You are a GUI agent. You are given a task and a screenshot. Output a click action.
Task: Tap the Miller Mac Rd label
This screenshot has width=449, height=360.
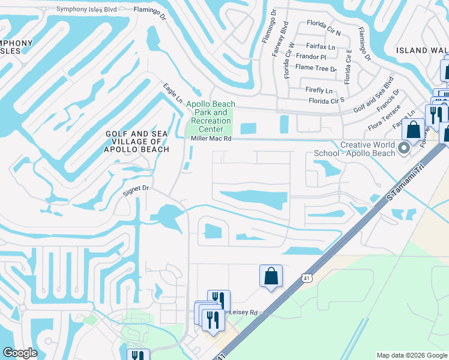(211, 139)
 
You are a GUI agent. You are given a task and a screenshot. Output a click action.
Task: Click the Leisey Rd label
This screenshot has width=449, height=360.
(243, 313)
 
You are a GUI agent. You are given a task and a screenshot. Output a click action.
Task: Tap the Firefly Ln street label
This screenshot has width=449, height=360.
(319, 90)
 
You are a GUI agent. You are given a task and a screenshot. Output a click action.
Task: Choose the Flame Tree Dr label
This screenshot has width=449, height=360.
(316, 68)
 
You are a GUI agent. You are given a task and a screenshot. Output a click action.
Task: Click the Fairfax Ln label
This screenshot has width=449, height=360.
(320, 46)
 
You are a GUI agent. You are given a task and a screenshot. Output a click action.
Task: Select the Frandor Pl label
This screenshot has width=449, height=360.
(315, 57)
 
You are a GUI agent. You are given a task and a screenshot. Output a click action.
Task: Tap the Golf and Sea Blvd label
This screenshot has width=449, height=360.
(373, 95)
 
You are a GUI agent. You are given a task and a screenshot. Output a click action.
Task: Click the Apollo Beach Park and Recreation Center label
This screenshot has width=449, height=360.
(211, 116)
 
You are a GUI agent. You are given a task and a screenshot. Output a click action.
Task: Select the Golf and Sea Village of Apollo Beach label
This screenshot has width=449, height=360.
(137, 142)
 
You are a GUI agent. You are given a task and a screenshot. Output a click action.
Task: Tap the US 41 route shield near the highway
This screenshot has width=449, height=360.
(306, 278)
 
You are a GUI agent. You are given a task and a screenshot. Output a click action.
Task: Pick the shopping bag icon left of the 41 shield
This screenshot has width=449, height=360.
(271, 276)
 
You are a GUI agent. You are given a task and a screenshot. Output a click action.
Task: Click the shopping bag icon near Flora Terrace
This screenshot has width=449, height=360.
(413, 130)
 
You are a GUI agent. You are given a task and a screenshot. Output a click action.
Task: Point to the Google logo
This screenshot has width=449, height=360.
(20, 353)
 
